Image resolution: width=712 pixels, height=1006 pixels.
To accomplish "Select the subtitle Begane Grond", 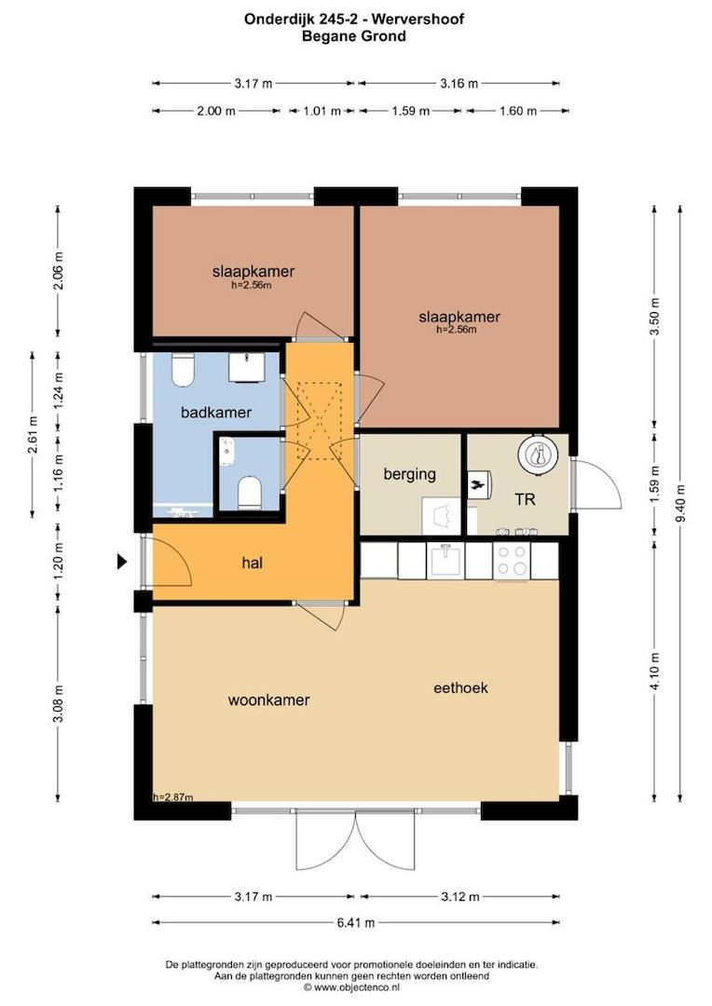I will (x=354, y=36).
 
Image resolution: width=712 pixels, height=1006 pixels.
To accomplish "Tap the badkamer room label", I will (x=216, y=412).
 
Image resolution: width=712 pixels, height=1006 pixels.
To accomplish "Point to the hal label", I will (x=252, y=562).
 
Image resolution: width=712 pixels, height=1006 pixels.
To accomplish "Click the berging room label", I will (x=409, y=474).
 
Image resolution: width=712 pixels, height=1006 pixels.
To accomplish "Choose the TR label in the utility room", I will (x=525, y=499).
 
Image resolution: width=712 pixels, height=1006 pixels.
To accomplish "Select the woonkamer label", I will (x=268, y=700).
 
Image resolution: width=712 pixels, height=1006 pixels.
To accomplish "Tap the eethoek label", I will (x=460, y=688).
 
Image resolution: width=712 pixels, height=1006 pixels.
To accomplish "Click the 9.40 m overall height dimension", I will (x=681, y=489).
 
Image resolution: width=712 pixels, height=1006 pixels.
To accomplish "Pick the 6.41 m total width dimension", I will (x=355, y=923).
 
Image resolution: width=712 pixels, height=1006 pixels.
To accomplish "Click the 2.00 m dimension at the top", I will (x=216, y=111).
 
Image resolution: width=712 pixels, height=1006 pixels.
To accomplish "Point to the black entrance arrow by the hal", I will (x=121, y=562).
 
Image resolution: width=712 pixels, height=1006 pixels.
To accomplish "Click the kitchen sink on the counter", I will (x=445, y=561).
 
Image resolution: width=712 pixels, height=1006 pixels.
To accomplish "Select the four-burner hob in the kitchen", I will (x=512, y=561).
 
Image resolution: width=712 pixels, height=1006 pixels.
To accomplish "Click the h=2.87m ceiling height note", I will (x=172, y=797).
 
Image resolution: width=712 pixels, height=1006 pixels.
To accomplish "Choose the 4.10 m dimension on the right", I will (x=655, y=672).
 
